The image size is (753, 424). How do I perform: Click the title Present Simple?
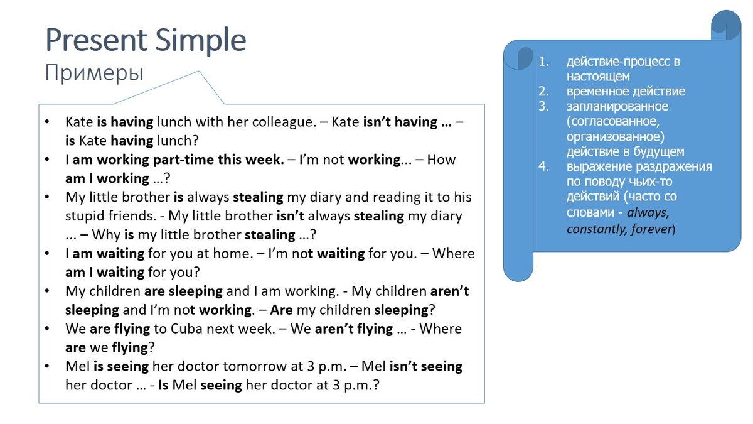pyautogui.click(x=146, y=40)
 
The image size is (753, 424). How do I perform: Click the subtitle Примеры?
pyautogui.click(x=94, y=73)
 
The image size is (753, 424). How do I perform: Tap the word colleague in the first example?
pyautogui.click(x=283, y=122)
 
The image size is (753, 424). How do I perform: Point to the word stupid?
pyautogui.click(x=87, y=216)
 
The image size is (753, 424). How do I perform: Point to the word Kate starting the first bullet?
pyautogui.click(x=79, y=122)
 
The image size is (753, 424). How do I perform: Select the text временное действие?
pyautogui.click(x=626, y=92)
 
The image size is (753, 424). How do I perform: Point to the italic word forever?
pyautogui.click(x=649, y=229)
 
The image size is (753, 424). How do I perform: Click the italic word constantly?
pyautogui.click(x=594, y=229)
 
